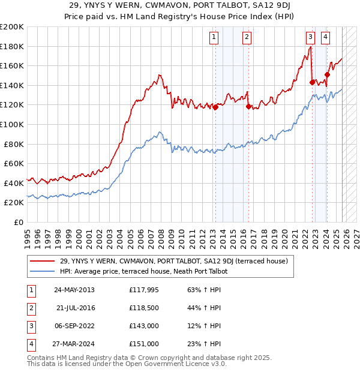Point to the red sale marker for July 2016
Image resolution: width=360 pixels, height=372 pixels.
248,106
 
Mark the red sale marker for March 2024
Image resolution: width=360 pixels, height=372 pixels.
327,75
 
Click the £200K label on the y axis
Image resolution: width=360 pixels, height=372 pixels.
12,27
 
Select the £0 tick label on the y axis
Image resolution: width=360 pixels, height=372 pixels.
18,222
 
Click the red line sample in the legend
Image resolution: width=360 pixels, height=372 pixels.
42,261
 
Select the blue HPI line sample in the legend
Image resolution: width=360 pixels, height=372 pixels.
42,271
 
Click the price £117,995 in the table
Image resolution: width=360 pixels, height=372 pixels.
143,290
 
